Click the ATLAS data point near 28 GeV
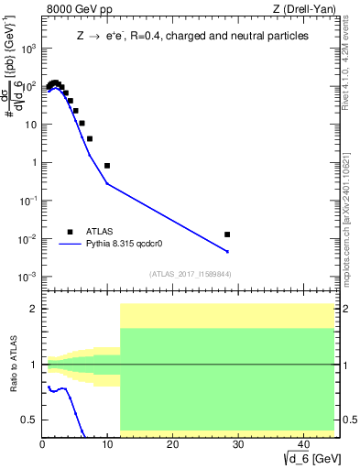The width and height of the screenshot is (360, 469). pyautogui.click(x=227, y=234)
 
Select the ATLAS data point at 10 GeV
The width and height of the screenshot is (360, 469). pyautogui.click(x=107, y=166)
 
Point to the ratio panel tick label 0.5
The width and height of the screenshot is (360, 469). pyautogui.click(x=29, y=420)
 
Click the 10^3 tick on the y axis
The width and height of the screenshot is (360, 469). pyautogui.click(x=27, y=48)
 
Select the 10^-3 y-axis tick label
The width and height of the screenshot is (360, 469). pyautogui.click(x=27, y=277)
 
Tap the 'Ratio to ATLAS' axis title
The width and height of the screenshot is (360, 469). pyautogui.click(x=13, y=365)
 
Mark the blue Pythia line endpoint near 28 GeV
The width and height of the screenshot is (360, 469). pyautogui.click(x=227, y=251)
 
